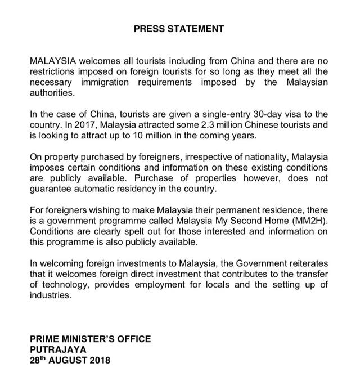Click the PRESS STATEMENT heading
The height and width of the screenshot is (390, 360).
[x=179, y=29]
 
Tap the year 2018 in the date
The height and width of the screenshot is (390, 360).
[x=100, y=360]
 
